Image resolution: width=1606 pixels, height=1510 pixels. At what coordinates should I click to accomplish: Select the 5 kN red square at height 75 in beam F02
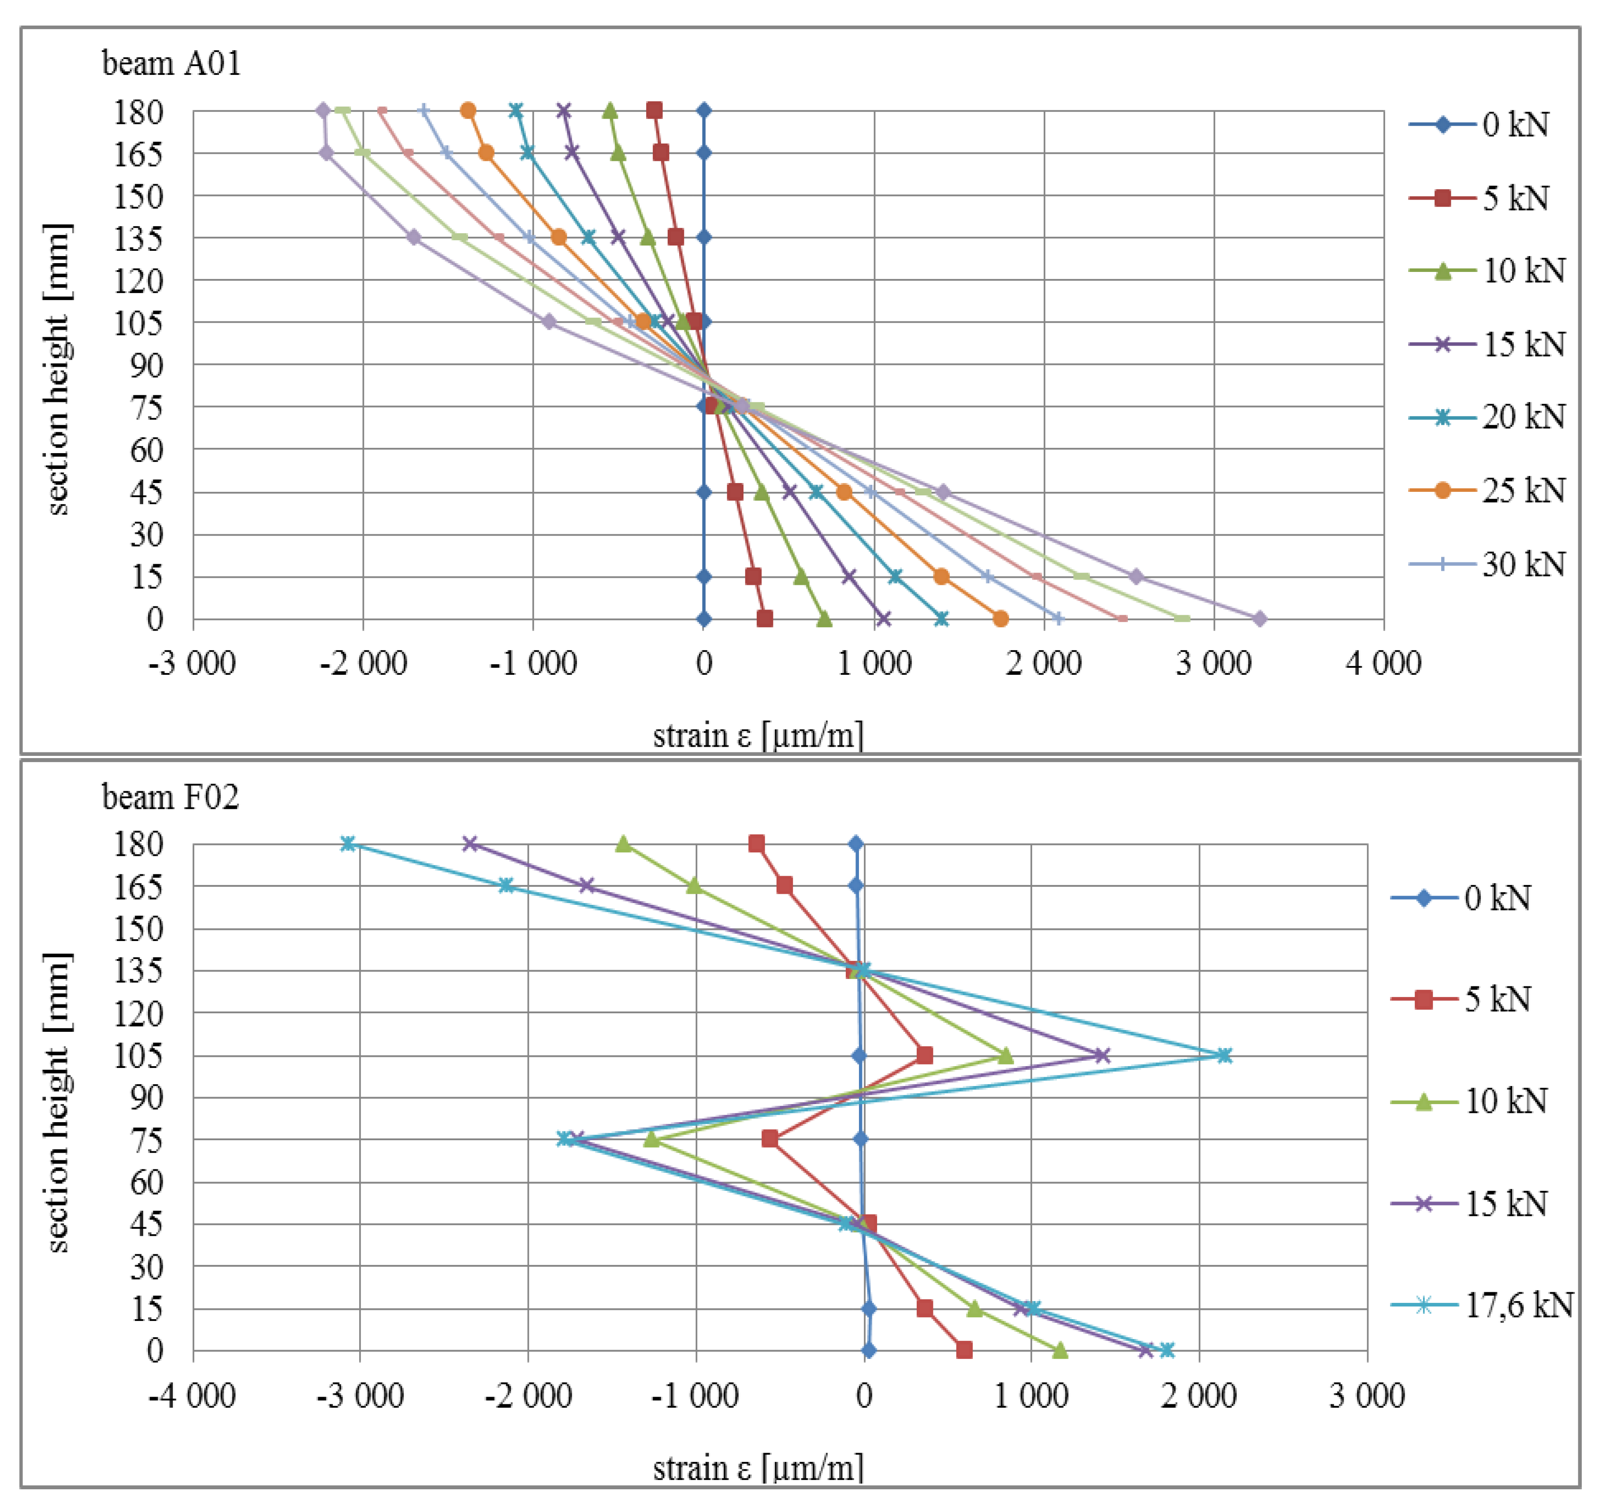pyautogui.click(x=770, y=1139)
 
